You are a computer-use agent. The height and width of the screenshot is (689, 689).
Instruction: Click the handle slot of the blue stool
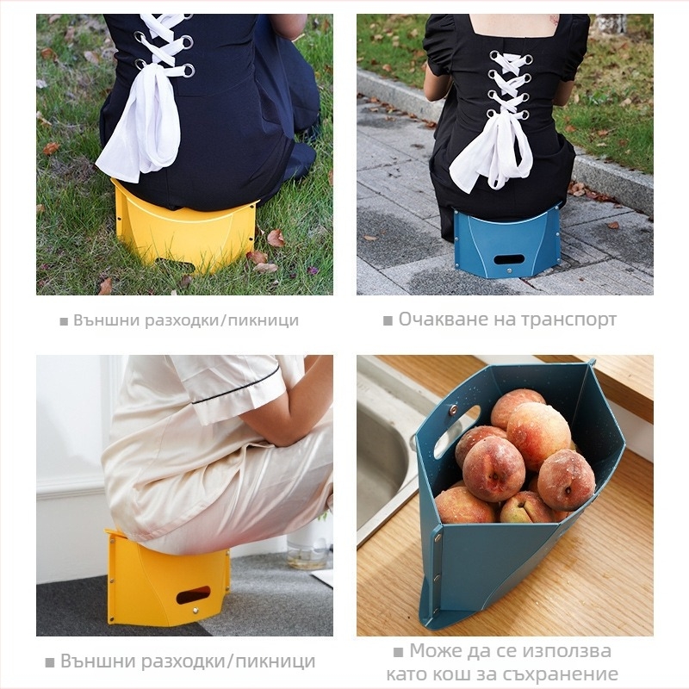click(x=509, y=259)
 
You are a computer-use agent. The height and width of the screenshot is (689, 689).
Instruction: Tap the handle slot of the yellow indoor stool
click(x=193, y=595)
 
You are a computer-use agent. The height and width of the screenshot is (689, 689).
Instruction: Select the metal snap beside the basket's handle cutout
click(x=453, y=411)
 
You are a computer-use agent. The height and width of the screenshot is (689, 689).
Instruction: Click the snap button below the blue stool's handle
click(x=510, y=271)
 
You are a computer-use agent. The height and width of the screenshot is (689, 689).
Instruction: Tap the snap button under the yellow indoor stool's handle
click(x=196, y=611)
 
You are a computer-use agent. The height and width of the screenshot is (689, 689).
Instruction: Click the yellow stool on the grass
click(x=184, y=228)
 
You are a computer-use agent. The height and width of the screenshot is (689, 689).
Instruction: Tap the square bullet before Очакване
click(x=388, y=320)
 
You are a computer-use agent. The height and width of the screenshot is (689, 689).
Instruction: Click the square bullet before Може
click(x=398, y=652)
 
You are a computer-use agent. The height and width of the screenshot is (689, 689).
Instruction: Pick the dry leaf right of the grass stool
click(x=276, y=238)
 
